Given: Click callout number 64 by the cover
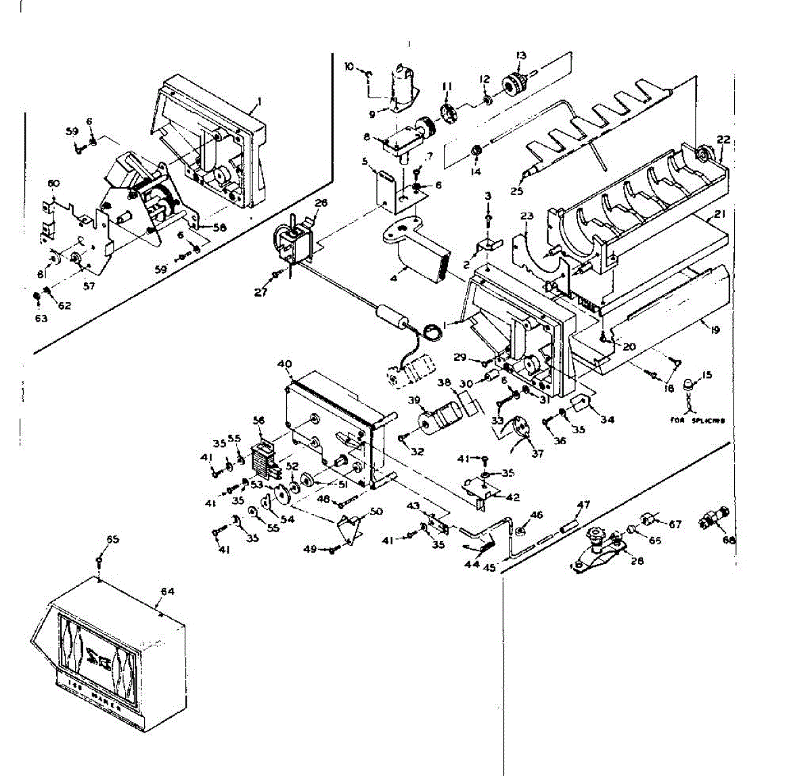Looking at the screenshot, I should click(x=167, y=591).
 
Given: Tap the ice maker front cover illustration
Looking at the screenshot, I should click(x=108, y=660).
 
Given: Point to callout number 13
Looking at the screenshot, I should click(x=521, y=56).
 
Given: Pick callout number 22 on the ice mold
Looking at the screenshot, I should click(x=723, y=139).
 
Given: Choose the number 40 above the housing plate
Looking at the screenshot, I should click(x=285, y=364).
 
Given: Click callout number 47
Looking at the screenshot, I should click(x=583, y=504).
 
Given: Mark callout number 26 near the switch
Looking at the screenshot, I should click(x=321, y=202).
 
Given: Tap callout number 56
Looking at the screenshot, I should click(x=258, y=420).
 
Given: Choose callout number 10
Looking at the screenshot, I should click(x=350, y=66).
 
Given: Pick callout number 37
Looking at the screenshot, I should click(x=537, y=453).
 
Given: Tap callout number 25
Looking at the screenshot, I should click(x=518, y=192).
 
